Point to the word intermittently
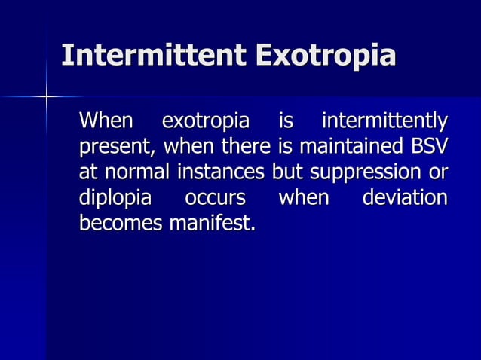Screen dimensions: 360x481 (384, 121)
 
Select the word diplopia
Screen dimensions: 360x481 (115, 199)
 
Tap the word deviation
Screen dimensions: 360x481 (405, 199)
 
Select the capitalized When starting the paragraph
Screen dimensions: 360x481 (106, 121)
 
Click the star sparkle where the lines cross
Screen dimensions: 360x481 (47, 96)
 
